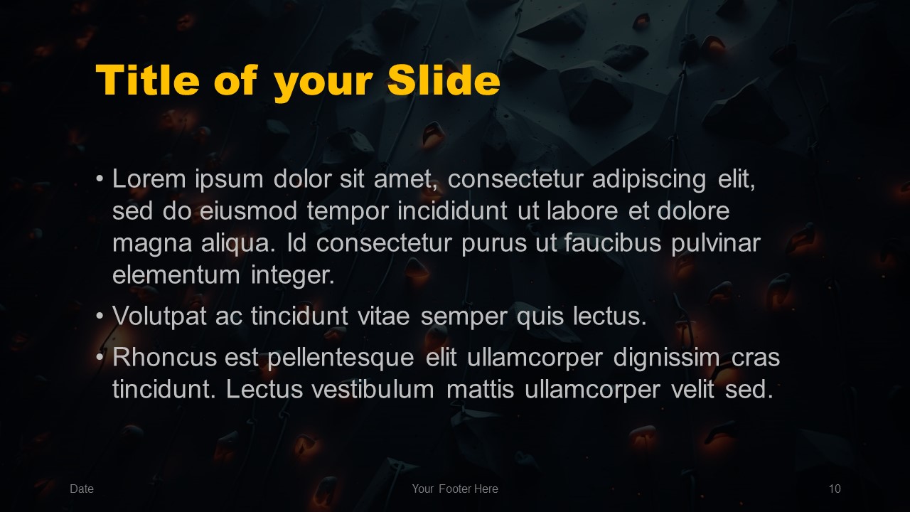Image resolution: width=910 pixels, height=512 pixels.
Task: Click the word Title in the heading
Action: click(148, 80)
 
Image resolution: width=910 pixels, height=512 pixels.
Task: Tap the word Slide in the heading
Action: click(444, 80)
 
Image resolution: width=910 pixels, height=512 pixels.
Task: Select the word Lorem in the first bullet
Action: click(149, 178)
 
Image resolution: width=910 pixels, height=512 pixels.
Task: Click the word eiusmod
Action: click(248, 211)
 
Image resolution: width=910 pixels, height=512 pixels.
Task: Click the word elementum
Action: click(176, 275)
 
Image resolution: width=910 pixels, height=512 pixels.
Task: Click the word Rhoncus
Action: click(164, 358)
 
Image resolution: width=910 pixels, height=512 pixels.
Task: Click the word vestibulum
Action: click(373, 389)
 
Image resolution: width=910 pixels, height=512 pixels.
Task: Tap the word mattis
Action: click(480, 389)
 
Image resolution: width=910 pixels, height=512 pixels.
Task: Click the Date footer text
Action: click(82, 489)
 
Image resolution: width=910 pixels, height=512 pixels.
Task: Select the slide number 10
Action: click(835, 489)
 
